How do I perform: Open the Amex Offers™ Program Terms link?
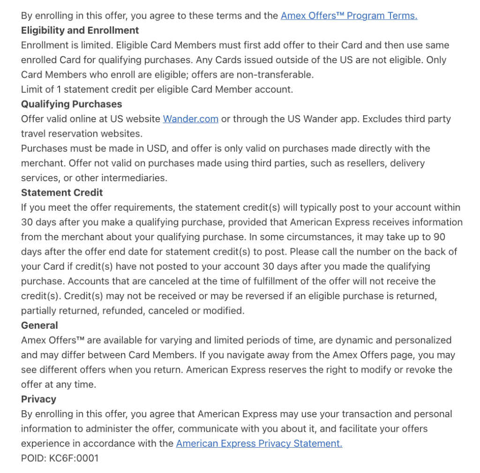[x=349, y=15]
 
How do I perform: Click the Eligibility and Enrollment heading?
[x=80, y=30]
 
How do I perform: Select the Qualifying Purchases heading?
[x=71, y=104]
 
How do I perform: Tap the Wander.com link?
[x=190, y=119]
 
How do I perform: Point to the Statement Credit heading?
[x=62, y=192]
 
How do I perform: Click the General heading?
[x=39, y=325]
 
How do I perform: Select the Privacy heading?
[x=38, y=399]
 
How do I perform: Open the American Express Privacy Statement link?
[x=259, y=443]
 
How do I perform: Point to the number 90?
[x=439, y=237]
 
